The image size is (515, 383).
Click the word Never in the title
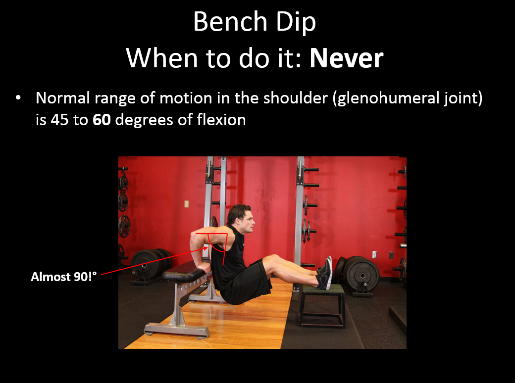(x=347, y=58)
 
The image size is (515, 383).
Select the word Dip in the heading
(x=296, y=23)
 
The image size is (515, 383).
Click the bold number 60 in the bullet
(x=102, y=119)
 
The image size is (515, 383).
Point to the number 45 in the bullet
(x=59, y=119)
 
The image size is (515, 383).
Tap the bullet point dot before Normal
(x=18, y=97)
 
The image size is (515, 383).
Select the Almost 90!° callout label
(x=64, y=277)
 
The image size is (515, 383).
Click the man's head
(x=241, y=219)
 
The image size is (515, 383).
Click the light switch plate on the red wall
(x=187, y=204)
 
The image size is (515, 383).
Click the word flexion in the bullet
(x=221, y=119)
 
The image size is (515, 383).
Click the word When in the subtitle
(x=161, y=58)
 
